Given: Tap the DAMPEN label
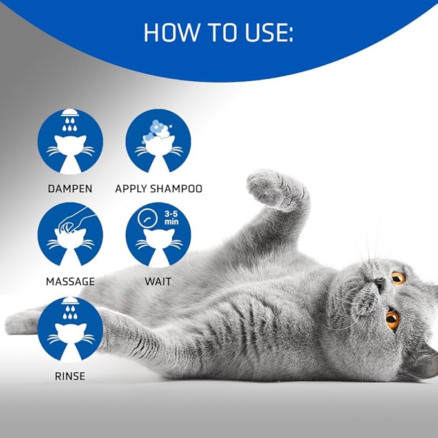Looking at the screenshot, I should click(70, 189).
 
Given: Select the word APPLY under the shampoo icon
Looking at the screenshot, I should click(134, 189).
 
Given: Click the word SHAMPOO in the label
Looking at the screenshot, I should click(179, 189).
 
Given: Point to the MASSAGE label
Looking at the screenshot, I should click(70, 281).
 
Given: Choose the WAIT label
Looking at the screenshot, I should click(158, 281).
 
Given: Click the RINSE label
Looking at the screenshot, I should click(70, 375).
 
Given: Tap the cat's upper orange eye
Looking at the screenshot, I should click(398, 278).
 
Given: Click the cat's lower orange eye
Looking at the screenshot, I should click(392, 318).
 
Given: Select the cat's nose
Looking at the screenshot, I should click(379, 284).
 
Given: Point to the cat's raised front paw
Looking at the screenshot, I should click(271, 187).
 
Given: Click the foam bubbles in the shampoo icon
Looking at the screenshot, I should click(158, 128).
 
